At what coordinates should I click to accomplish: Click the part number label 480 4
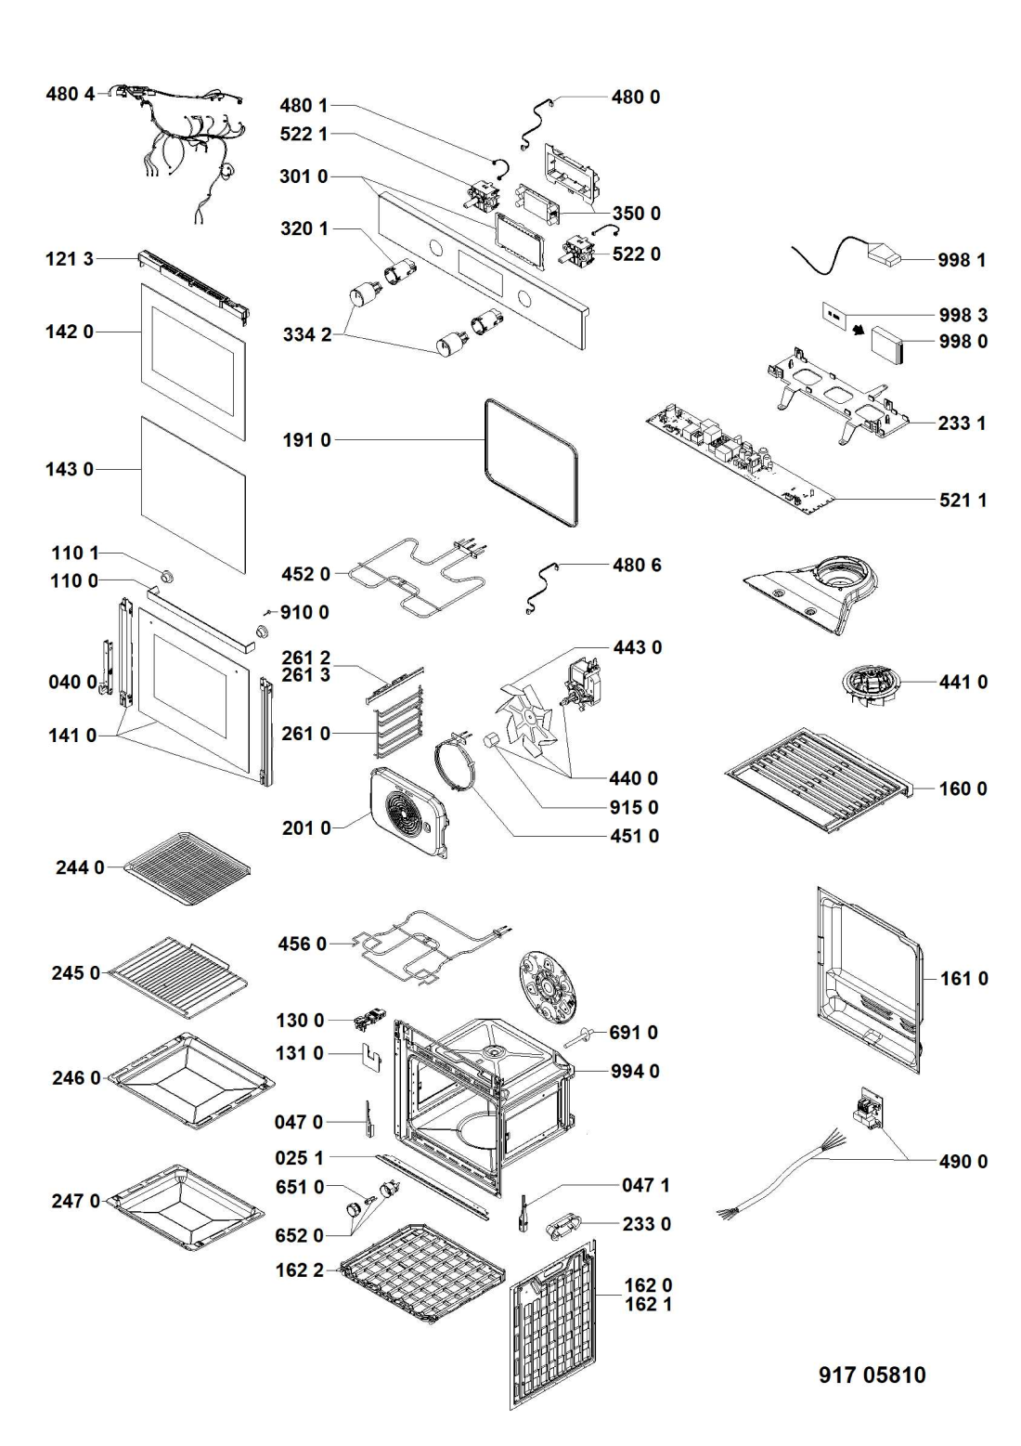point(71,94)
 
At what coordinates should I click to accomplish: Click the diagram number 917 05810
point(872,1375)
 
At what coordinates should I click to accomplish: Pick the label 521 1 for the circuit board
point(963,501)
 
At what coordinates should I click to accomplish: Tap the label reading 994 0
point(635,1071)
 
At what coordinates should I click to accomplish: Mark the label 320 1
point(304,228)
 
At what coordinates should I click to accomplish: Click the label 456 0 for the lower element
point(302,944)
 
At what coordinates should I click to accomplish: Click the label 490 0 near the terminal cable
point(963,1161)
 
